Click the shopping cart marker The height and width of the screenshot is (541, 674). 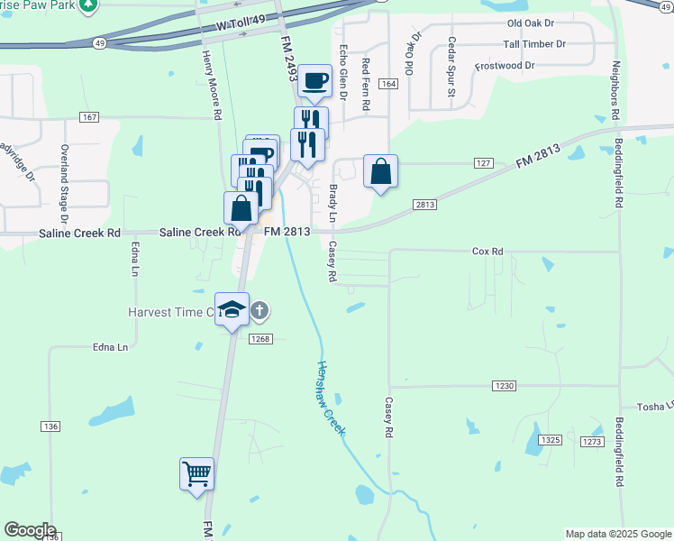(x=196, y=472)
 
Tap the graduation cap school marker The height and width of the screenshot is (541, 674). (x=232, y=309)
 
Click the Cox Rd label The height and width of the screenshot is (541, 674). (x=487, y=252)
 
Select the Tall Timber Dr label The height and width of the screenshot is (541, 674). (x=533, y=44)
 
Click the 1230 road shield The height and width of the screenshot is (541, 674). (x=504, y=386)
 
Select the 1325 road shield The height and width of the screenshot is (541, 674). (x=551, y=440)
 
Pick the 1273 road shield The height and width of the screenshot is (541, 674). (x=591, y=442)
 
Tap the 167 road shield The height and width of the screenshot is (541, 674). (x=88, y=117)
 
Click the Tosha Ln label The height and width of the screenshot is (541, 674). (x=655, y=407)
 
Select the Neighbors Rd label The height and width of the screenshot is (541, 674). (x=616, y=91)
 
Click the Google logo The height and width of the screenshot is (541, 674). (x=30, y=530)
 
